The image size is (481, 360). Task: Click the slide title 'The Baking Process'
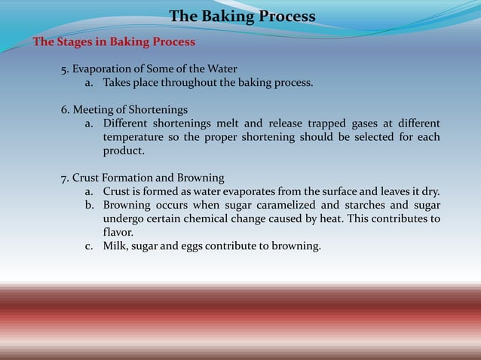point(242,17)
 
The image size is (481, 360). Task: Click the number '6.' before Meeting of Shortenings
point(66,110)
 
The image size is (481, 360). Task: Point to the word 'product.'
point(124,151)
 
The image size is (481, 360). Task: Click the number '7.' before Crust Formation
point(66,178)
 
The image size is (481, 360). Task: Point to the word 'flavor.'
point(118,232)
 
